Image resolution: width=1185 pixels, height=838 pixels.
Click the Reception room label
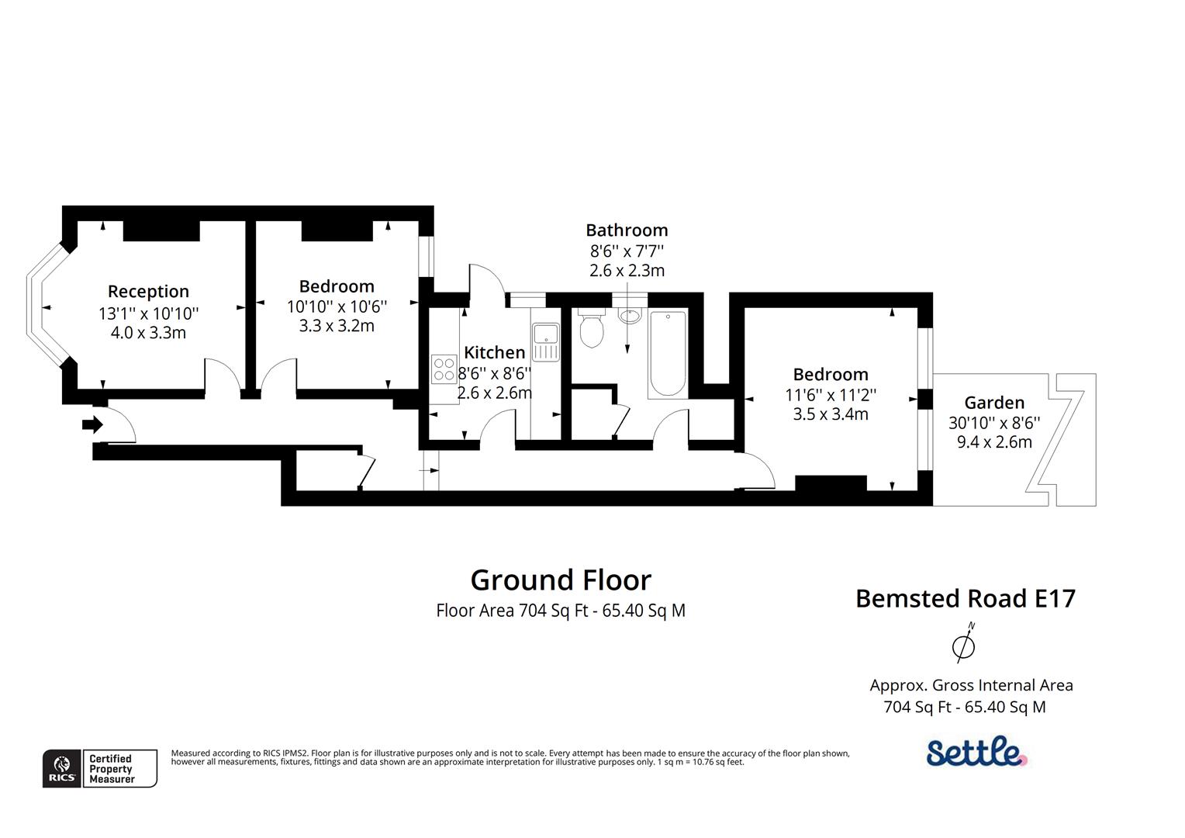148,292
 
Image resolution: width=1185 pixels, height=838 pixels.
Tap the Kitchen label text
494,353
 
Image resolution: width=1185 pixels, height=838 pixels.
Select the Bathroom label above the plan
627,230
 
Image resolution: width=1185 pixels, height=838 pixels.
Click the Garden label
994,403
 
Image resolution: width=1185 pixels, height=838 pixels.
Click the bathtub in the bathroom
667,354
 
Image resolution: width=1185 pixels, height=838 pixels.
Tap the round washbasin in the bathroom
630,316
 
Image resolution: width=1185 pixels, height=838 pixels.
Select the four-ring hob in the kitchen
444,368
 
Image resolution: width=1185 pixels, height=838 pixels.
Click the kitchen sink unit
546,342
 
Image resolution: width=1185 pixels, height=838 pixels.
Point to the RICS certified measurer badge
99,768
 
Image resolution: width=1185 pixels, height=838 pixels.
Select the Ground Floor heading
561,580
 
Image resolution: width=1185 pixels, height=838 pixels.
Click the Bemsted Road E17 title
966,598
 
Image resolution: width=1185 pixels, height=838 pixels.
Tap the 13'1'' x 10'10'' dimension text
148,313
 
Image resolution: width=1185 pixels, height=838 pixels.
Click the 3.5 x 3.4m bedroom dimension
831,414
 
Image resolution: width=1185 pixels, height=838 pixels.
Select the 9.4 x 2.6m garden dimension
994,442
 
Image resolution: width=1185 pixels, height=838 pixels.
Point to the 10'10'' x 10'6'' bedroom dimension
337,306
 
